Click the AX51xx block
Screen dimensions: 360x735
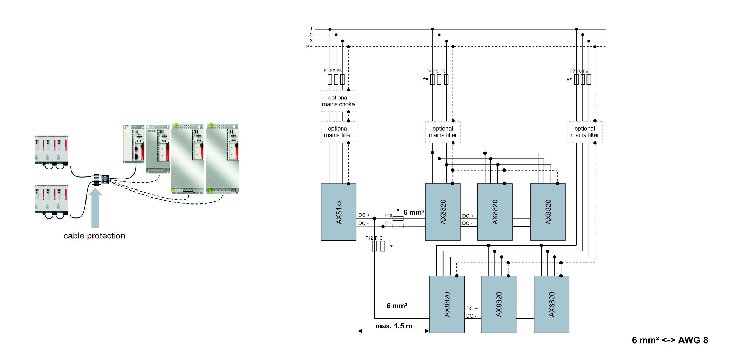(338, 212)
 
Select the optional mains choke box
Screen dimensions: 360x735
(338, 101)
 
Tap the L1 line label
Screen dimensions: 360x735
(310, 29)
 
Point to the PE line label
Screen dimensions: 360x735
(309, 47)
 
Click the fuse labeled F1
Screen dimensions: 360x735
(330, 79)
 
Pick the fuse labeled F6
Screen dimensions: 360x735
(446, 79)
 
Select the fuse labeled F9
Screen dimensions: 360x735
(589, 79)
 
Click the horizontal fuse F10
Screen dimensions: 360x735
(398, 219)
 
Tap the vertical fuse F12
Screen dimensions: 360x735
(374, 246)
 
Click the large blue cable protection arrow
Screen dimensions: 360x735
(95, 208)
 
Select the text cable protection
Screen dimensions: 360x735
(94, 236)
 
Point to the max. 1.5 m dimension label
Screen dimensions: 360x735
(394, 326)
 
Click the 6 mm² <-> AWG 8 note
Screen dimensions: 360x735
(670, 340)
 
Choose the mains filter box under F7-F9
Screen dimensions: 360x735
(585, 132)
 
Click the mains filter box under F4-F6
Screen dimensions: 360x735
(443, 132)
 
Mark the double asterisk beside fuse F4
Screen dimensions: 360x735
(425, 80)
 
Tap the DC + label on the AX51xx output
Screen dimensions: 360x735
(364, 215)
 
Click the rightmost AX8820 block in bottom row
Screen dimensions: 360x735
(551, 304)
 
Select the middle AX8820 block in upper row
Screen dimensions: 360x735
(495, 212)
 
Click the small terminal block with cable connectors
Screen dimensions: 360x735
(104, 180)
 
